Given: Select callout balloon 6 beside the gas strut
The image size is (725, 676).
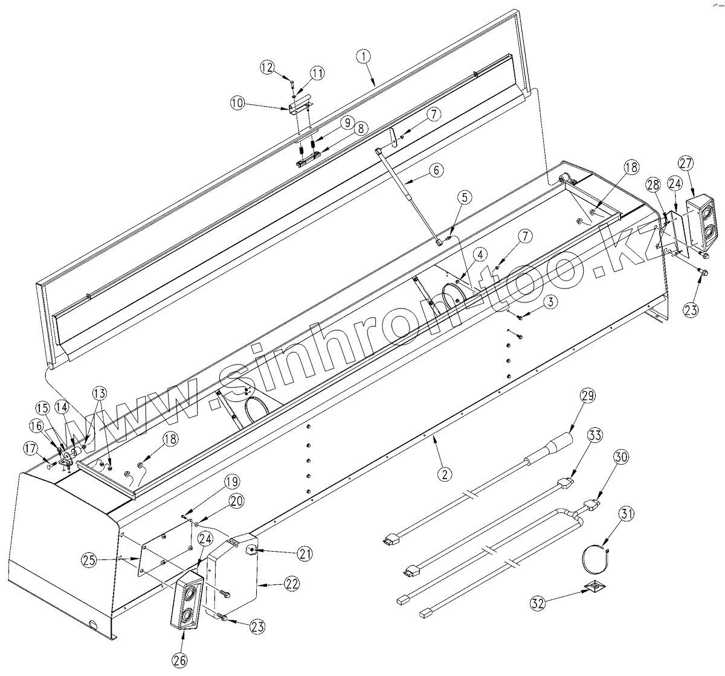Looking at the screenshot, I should (x=440, y=170).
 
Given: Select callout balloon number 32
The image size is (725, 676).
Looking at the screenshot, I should (x=539, y=602).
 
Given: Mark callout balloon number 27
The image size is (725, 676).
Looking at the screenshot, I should (x=685, y=163).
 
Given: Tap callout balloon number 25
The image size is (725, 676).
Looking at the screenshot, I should (x=91, y=560).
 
